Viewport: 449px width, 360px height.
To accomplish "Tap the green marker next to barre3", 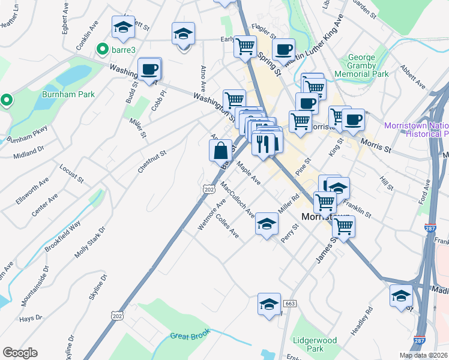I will (103, 49).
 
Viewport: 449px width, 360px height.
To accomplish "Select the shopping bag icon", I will (220, 150).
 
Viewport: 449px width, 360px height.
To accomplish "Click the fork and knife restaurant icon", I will (263, 144).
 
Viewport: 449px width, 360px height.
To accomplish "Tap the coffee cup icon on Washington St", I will (149, 68).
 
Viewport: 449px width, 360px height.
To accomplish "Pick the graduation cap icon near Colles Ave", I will (267, 226).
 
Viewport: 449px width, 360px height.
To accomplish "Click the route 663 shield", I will (289, 304).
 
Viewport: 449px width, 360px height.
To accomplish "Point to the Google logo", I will (20, 353).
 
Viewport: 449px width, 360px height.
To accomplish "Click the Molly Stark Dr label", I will (90, 242).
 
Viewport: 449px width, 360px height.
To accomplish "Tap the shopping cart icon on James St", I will (344, 226).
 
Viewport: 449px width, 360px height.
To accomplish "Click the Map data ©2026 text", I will (423, 355).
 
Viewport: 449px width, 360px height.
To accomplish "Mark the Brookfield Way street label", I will (66, 235).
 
